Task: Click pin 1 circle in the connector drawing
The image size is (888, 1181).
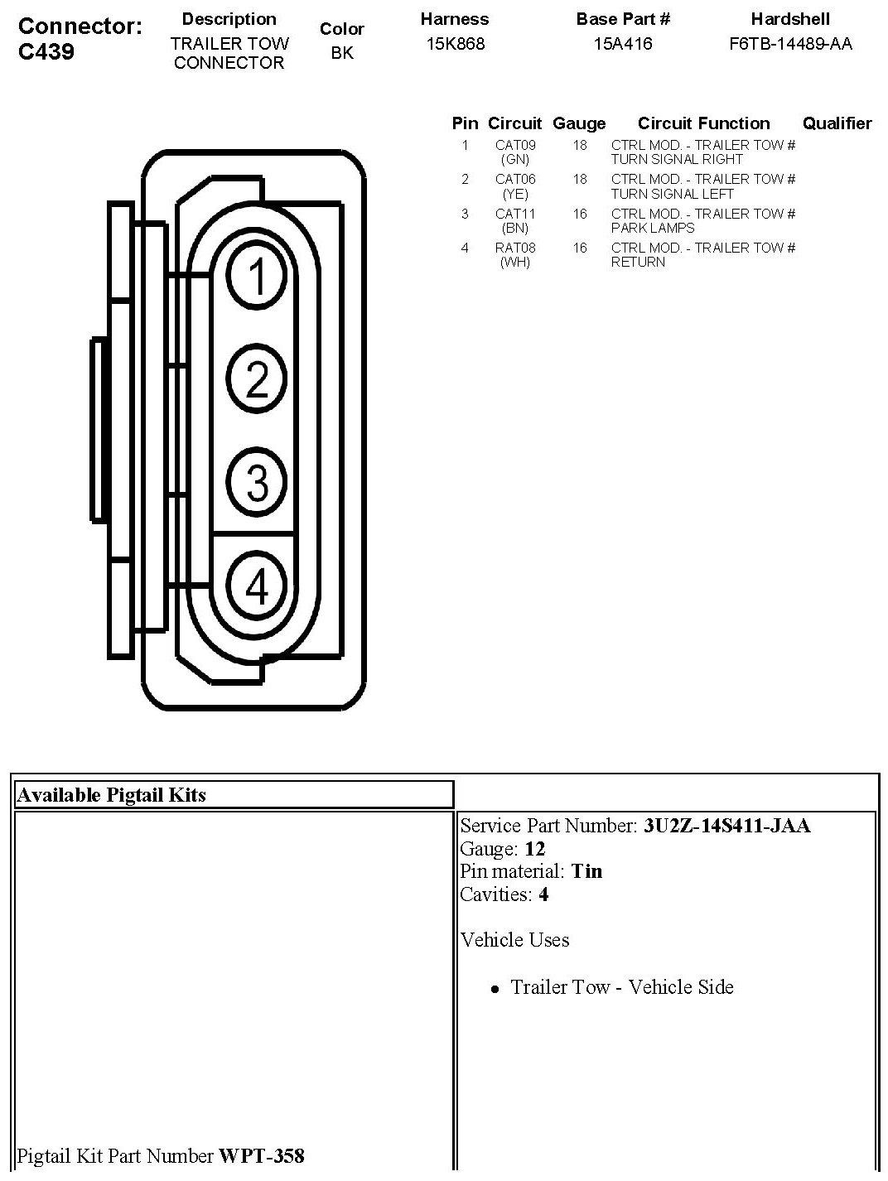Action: [x=258, y=275]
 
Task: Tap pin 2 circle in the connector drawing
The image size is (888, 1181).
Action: [x=258, y=379]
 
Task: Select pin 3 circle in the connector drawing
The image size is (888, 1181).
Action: [x=258, y=482]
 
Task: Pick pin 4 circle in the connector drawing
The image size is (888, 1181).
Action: [x=258, y=586]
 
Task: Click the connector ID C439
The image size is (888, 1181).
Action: [x=46, y=51]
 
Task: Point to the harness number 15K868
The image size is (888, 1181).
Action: [x=455, y=44]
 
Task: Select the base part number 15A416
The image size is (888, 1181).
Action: [x=623, y=44]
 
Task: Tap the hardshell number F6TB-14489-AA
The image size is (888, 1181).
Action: [x=790, y=44]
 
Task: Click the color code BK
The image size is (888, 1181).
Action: [x=342, y=53]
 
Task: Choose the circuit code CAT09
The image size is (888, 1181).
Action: [x=515, y=145]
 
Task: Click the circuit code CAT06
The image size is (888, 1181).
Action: [x=515, y=179]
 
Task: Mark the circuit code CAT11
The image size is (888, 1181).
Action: [x=515, y=214]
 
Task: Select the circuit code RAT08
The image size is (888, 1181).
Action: [x=515, y=248]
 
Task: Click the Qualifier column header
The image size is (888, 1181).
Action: [x=837, y=123]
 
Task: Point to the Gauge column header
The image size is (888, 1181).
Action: [x=579, y=123]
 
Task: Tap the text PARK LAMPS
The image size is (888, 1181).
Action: [x=653, y=228]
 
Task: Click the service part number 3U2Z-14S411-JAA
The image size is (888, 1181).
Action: [x=726, y=826]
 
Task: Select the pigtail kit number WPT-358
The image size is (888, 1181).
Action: [x=261, y=1155]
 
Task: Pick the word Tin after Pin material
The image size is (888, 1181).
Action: [x=586, y=871]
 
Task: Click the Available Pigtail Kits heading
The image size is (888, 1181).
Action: [x=111, y=795]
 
